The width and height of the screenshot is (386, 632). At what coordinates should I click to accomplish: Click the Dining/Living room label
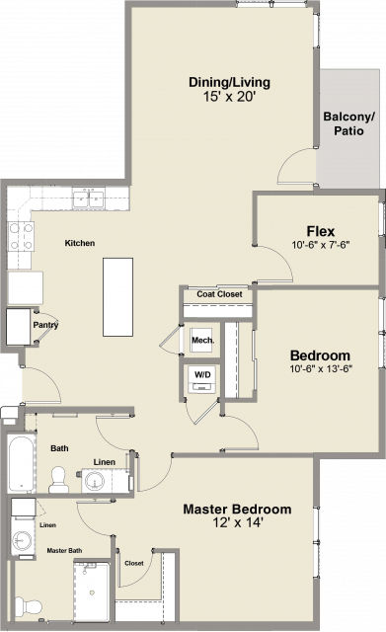click(229, 83)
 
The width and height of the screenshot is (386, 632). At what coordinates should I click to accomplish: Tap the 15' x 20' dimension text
click(230, 97)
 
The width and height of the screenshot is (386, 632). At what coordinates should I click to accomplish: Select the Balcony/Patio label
click(348, 123)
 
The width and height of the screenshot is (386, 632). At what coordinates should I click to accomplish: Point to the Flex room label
click(320, 231)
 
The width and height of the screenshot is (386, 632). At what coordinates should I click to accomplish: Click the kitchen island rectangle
click(117, 297)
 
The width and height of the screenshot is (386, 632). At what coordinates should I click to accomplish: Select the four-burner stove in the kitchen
click(21, 236)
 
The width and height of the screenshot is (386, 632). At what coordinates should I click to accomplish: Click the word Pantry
click(45, 325)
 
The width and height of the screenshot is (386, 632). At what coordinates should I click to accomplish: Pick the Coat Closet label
click(219, 294)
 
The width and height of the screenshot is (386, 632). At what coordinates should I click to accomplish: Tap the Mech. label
click(202, 340)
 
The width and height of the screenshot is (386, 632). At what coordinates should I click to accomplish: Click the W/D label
click(202, 374)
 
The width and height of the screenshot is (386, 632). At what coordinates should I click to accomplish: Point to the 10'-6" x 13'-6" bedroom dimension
click(321, 368)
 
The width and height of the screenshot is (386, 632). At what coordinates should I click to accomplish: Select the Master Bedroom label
click(237, 510)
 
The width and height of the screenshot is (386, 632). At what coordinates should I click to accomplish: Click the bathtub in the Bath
click(22, 463)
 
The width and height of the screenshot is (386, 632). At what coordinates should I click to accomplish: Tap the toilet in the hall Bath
click(58, 480)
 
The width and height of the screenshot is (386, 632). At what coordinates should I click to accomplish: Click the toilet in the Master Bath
click(29, 606)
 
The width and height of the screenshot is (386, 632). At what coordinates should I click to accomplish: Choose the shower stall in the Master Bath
click(92, 592)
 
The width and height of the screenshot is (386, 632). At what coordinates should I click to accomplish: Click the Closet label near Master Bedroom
click(134, 563)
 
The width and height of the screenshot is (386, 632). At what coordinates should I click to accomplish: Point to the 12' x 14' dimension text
click(238, 522)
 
